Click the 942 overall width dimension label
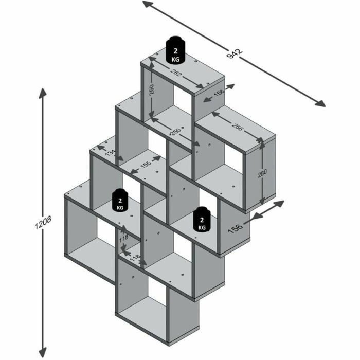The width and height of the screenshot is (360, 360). coord(235,53)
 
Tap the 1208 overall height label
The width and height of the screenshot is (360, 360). coord(43,223)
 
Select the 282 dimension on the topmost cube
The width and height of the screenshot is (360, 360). coord(176,73)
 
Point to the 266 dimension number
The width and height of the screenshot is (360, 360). coord(237,127)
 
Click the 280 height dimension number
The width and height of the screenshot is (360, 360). coord(262,173)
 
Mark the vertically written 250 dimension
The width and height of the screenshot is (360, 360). coord(152,90)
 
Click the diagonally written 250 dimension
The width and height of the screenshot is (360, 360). coord(175,132)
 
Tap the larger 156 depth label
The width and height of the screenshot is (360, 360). coord(236,228)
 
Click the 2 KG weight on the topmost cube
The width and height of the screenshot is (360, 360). coord(176,49)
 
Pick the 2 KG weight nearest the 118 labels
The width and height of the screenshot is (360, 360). coord(120,200)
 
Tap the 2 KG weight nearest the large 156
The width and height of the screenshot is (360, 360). coord(202,219)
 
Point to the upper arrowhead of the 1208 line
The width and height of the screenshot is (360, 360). coord(43,93)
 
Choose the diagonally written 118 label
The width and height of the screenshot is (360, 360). coord(135,259)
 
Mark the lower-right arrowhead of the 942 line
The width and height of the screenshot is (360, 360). coord(320,103)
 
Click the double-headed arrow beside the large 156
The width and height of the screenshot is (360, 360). coord(268,210)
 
